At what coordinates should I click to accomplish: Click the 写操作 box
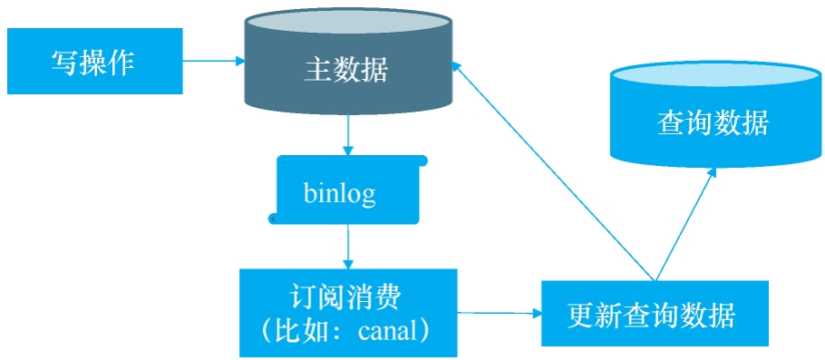coord(94,61)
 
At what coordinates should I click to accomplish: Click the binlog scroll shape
coord(348,190)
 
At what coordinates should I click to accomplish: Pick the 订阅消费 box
coord(348,312)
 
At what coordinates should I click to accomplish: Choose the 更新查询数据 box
coord(654,314)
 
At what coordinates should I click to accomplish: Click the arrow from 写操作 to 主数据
coord(214,61)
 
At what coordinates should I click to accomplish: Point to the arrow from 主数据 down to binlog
coord(348,137)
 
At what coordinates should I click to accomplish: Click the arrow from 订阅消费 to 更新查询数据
coord(499,314)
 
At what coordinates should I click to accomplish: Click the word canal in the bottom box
coord(386,330)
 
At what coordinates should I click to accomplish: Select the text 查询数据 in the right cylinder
coord(713,122)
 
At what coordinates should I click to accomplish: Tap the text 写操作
coord(93,63)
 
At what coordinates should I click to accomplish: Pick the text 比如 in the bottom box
coord(297,330)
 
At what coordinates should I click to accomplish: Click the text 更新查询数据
coord(652,315)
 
